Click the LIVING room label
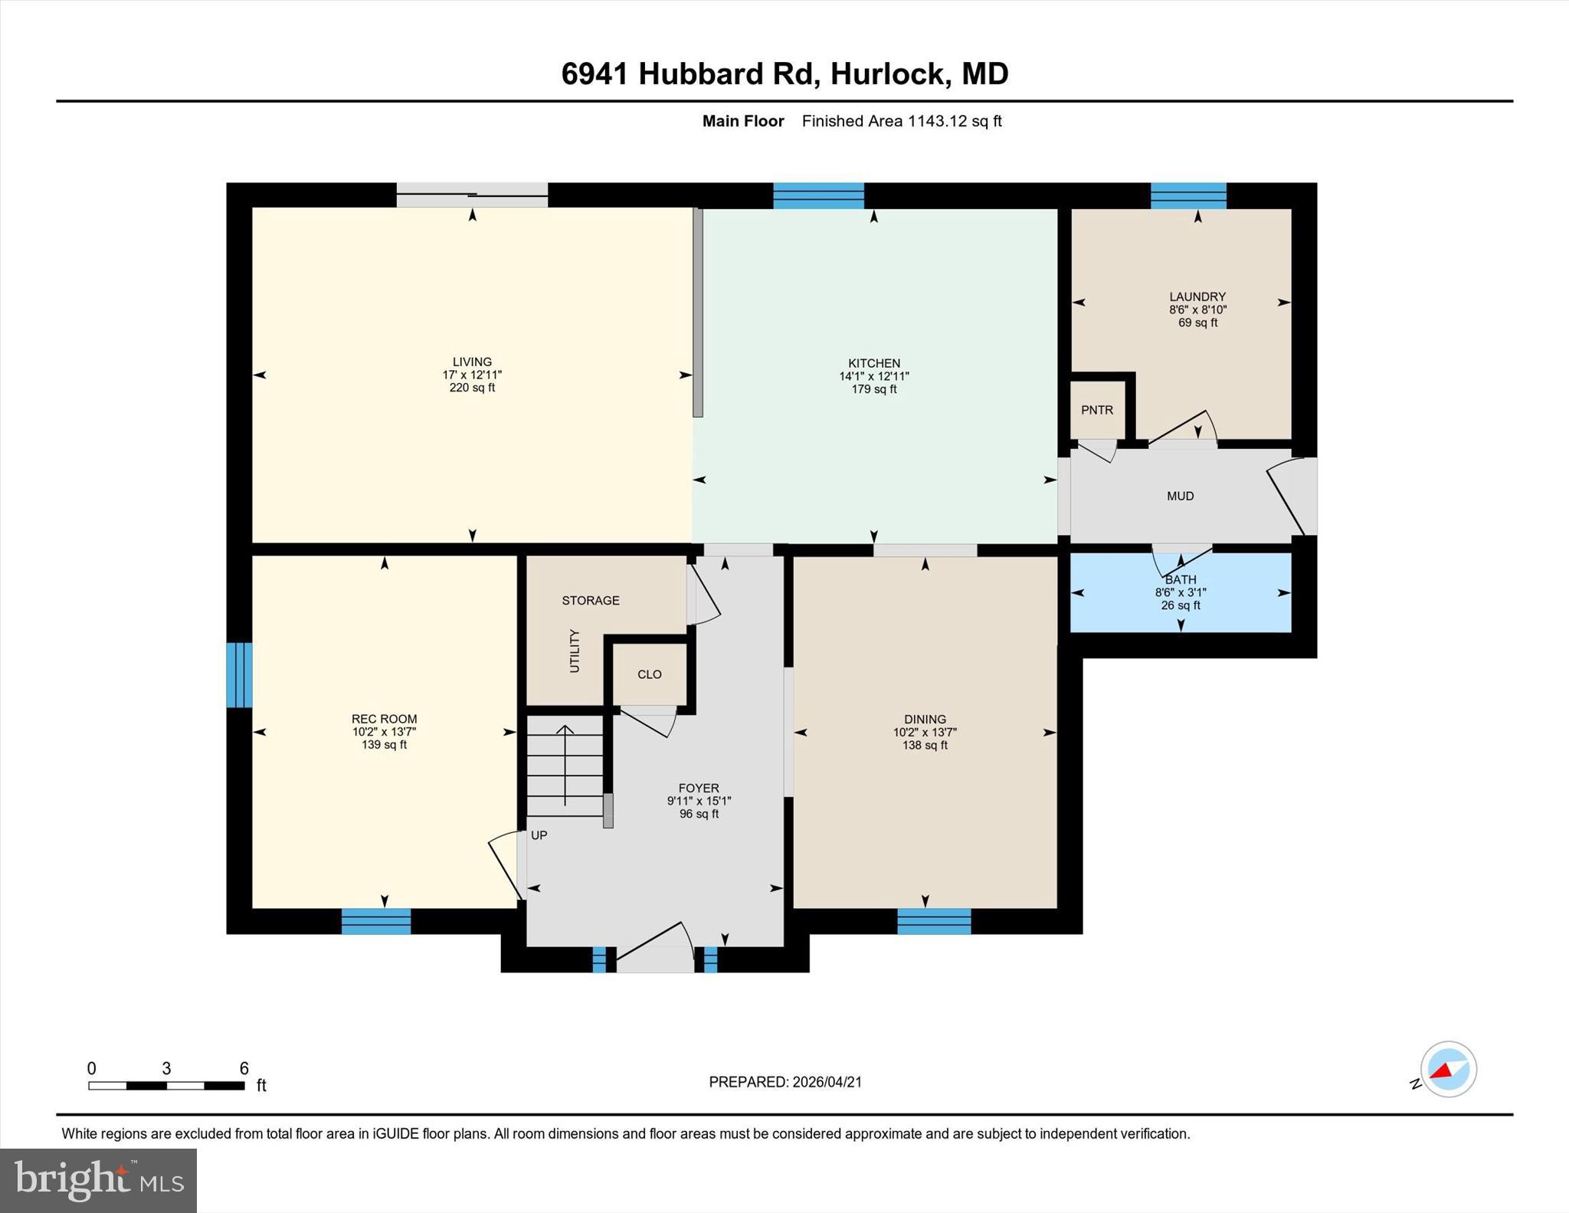[472, 362]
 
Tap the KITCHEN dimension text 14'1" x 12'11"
[873, 376]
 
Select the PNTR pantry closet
[1097, 410]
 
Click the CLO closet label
[649, 674]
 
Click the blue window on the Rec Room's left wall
[239, 674]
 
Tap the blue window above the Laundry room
[1188, 195]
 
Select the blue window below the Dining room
[934, 921]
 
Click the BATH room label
[1181, 580]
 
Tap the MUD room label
[1180, 496]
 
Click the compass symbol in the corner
[1448, 1069]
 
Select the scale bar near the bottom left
[166, 1085]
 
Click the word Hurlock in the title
[886, 74]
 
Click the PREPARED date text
[785, 1082]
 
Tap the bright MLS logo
[98, 1180]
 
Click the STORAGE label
[591, 600]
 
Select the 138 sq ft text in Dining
[925, 745]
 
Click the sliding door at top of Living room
[472, 195]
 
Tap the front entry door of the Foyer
[655, 958]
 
